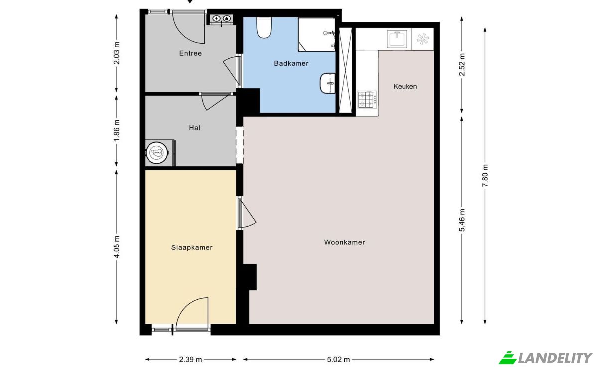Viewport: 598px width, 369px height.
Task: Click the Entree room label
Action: click(x=190, y=53)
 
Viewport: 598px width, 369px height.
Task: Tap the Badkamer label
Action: click(x=291, y=63)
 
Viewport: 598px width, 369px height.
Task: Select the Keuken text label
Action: click(x=405, y=86)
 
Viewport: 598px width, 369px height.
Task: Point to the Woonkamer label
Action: click(x=344, y=242)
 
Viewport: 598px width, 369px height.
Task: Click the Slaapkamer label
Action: click(x=192, y=247)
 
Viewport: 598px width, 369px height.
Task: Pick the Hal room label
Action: click(x=195, y=128)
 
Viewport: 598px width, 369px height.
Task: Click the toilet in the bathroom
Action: click(x=264, y=27)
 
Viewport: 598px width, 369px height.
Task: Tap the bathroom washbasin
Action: click(x=327, y=83)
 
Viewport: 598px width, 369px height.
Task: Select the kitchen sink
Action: click(x=397, y=39)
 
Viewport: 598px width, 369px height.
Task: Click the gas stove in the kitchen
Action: click(x=367, y=99)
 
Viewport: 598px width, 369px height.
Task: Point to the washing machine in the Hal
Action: click(x=157, y=153)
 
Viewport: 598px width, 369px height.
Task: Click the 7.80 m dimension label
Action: click(x=485, y=176)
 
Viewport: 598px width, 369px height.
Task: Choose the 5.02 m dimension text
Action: click(x=338, y=360)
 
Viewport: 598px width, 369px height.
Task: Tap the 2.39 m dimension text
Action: click(x=190, y=360)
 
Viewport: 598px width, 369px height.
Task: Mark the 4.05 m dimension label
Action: click(x=117, y=247)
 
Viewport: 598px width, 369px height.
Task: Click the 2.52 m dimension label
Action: click(x=462, y=65)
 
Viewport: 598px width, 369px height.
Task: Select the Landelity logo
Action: click(x=545, y=358)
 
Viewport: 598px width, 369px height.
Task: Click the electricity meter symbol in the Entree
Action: click(x=216, y=19)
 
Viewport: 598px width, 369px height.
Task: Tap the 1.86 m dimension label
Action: click(x=117, y=131)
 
